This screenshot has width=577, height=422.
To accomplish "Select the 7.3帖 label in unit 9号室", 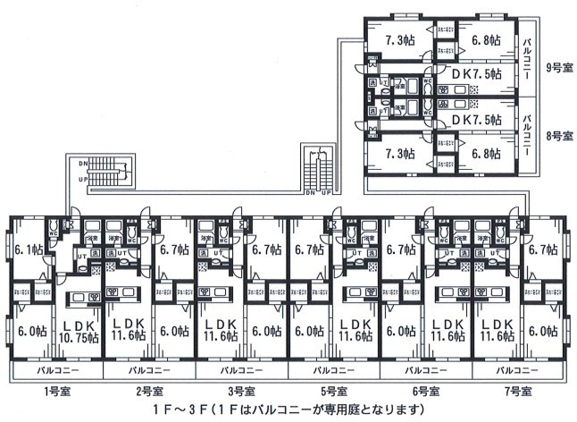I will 399,39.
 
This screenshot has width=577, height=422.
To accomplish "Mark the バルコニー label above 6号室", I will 425,369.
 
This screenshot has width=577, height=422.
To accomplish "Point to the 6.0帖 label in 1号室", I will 35,330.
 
